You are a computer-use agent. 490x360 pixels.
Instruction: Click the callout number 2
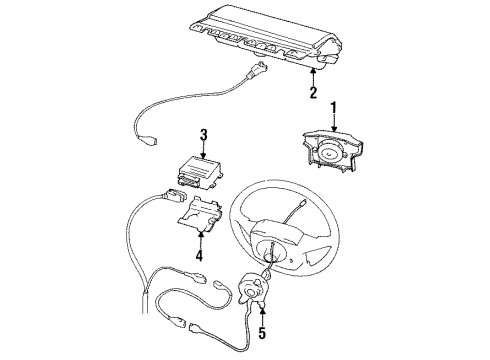[313, 94]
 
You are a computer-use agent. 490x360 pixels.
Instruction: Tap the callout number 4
[199, 254]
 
